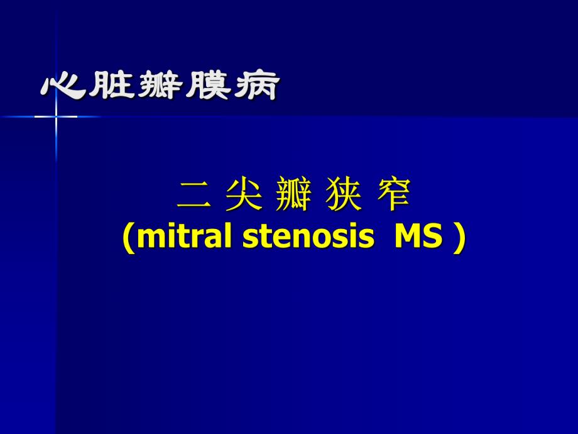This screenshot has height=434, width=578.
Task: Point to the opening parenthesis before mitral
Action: (x=128, y=240)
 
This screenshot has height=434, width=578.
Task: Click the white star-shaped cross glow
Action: (x=56, y=116)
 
